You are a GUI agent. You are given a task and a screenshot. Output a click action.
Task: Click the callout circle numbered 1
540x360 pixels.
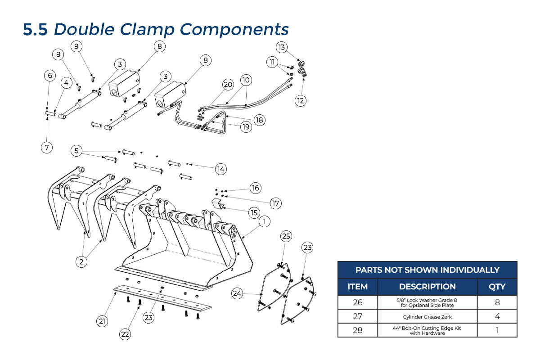pyautogui.click(x=265, y=221)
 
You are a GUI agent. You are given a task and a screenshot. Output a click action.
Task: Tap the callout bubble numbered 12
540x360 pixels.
pyautogui.click(x=301, y=100)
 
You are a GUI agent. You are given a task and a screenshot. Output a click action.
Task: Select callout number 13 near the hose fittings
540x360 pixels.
pyautogui.click(x=282, y=47)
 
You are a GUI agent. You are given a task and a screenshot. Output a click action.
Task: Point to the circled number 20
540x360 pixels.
pyautogui.click(x=228, y=84)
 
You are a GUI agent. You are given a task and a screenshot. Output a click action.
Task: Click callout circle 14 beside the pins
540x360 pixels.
pyautogui.click(x=220, y=169)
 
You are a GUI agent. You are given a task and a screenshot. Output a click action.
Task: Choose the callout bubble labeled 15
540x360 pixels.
pyautogui.click(x=254, y=212)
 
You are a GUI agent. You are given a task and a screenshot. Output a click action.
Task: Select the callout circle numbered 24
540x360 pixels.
pyautogui.click(x=238, y=293)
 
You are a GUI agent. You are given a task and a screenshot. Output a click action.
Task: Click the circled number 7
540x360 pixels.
pyautogui.click(x=47, y=147)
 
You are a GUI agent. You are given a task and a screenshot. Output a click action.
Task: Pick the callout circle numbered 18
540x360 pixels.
pyautogui.click(x=259, y=120)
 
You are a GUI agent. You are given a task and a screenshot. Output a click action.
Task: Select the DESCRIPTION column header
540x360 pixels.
pyautogui.click(x=427, y=286)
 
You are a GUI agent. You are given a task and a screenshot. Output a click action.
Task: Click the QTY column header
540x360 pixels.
pyautogui.click(x=497, y=286)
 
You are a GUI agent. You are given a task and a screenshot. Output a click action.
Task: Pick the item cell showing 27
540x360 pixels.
pyautogui.click(x=358, y=316)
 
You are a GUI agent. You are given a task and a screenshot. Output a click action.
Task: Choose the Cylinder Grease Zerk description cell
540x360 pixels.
pyautogui.click(x=427, y=316)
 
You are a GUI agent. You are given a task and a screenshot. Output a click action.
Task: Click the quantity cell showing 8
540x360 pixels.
pyautogui.click(x=497, y=302)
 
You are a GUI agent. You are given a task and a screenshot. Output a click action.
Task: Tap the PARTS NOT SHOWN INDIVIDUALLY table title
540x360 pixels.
pyautogui.click(x=427, y=270)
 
